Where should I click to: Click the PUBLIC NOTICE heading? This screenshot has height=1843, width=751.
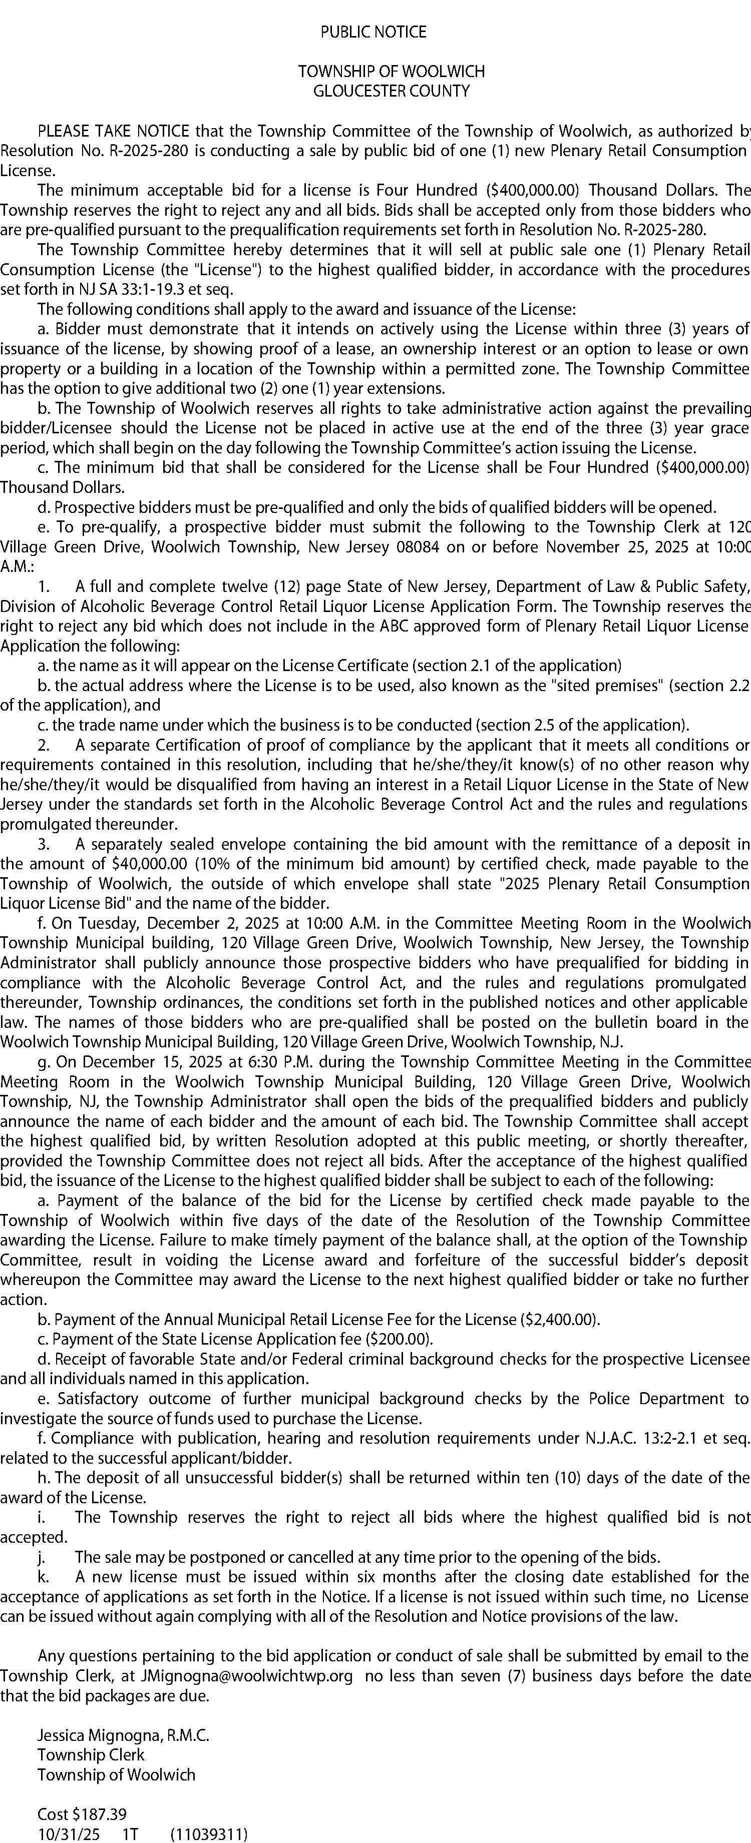click(x=373, y=32)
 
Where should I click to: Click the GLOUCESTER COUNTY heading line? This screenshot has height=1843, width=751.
click(x=392, y=91)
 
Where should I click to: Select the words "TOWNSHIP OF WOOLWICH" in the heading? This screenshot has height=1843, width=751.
click(x=392, y=72)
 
